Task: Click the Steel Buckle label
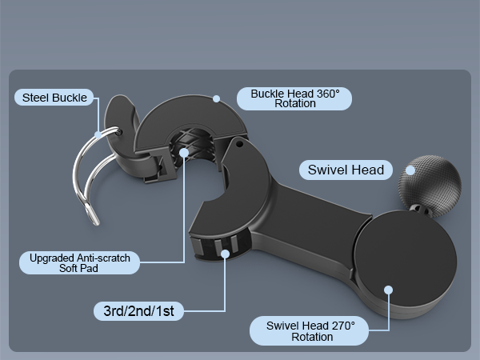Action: (54, 98)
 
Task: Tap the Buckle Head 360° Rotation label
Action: (294, 98)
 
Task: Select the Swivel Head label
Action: (346, 170)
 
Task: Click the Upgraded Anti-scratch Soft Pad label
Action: (79, 262)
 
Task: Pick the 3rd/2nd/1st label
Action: (138, 311)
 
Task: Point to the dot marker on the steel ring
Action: (98, 134)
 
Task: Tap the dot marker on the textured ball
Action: (410, 170)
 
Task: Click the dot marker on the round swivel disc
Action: (389, 290)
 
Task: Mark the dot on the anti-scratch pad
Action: (184, 153)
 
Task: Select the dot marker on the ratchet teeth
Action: (226, 254)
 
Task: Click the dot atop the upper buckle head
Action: (217, 98)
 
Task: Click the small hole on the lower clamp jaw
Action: (240, 143)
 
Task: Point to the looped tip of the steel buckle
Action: (93, 214)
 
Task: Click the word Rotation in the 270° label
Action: (312, 337)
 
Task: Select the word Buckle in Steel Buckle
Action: (69, 98)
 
